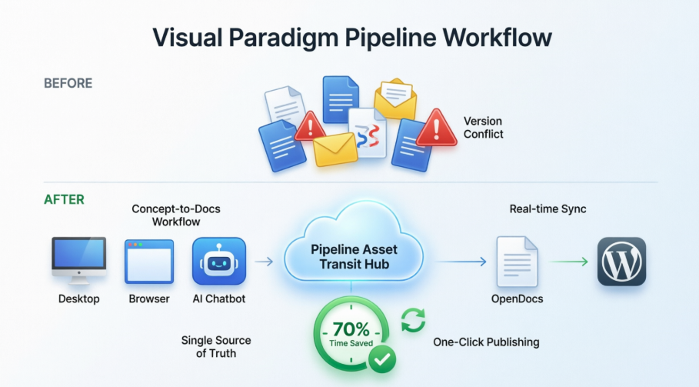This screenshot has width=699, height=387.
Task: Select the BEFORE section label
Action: [x=68, y=83]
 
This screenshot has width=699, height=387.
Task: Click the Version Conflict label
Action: [x=484, y=128]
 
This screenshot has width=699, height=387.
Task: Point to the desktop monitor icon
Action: [x=79, y=261]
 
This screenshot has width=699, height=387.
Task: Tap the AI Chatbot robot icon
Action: [x=219, y=262]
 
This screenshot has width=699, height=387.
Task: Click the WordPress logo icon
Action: [x=621, y=262]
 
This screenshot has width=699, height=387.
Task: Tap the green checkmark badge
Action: [x=381, y=358]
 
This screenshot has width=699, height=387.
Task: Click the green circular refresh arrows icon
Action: [x=413, y=320]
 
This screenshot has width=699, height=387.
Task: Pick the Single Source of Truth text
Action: [x=216, y=346]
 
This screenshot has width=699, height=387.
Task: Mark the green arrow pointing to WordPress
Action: [x=570, y=262]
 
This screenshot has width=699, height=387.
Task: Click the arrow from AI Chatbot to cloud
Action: [x=264, y=262]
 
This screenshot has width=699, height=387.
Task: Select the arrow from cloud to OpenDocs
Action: [x=461, y=262]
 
